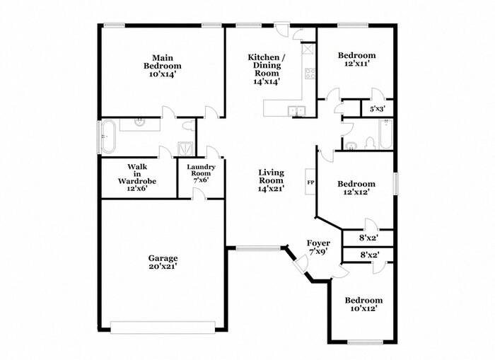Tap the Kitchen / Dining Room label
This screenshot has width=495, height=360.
(267, 69)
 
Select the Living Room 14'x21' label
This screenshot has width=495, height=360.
(271, 180)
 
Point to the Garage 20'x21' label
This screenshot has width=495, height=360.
(163, 262)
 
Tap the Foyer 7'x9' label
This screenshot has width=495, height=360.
(318, 248)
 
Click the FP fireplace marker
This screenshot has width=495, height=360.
(310, 182)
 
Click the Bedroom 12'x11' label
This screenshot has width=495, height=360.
(356, 60)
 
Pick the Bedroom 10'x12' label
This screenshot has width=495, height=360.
(363, 304)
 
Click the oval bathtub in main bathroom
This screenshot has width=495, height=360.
(107, 136)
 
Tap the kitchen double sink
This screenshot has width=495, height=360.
(297, 110)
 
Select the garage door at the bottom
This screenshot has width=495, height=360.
(163, 326)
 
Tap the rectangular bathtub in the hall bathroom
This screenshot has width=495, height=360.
(385, 135)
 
